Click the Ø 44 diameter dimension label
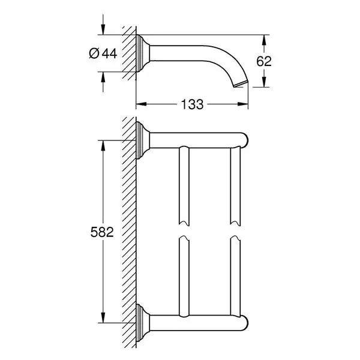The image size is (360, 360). (x=103, y=53)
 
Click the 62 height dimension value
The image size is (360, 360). (x=264, y=61)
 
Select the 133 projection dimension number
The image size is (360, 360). (x=192, y=104)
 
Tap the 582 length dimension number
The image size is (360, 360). (x=102, y=232)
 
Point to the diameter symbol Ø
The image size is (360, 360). (x=94, y=53)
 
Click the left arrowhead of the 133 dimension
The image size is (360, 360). (x=141, y=104)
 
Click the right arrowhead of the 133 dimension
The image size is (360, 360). (x=243, y=104)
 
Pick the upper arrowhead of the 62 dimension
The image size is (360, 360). (x=264, y=40)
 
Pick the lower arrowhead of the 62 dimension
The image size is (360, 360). (x=264, y=82)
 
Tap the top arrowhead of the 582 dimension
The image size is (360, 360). (x=103, y=145)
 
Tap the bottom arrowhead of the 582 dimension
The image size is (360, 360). (x=103, y=317)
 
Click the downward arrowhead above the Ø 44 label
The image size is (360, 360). (x=103, y=29)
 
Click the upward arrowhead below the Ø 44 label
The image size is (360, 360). (x=103, y=77)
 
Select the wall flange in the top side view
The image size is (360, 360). (x=143, y=53)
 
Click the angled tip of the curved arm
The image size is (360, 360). (x=241, y=84)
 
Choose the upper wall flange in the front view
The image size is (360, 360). (x=143, y=140)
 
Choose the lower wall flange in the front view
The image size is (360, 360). (x=143, y=323)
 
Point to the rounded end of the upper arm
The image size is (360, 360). (x=244, y=140)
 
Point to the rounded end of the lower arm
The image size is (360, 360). (x=244, y=323)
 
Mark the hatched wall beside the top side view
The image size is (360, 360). (x=129, y=53)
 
